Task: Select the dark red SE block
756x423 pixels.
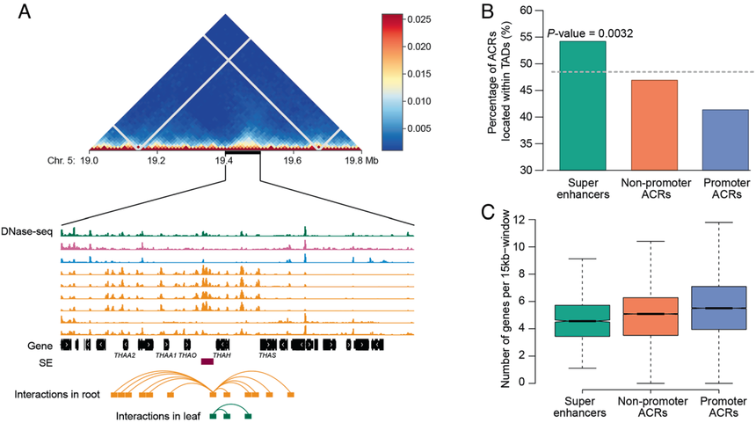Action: point(207,361)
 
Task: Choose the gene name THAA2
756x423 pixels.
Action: point(124,356)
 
